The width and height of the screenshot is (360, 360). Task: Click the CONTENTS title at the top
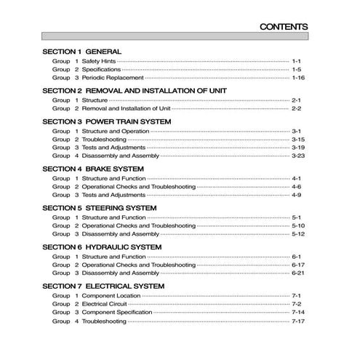(x=284, y=28)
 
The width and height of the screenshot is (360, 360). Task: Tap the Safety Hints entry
(x=99, y=62)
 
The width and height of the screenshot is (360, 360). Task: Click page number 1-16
(x=298, y=77)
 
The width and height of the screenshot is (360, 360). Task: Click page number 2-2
(x=296, y=108)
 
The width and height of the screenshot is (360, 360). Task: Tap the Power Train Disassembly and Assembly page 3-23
(x=297, y=156)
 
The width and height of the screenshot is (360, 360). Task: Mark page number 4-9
(x=296, y=195)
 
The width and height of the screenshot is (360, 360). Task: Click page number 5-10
(x=297, y=226)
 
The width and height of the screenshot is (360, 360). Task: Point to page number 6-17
(x=297, y=265)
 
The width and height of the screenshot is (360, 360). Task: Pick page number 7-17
(x=297, y=321)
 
